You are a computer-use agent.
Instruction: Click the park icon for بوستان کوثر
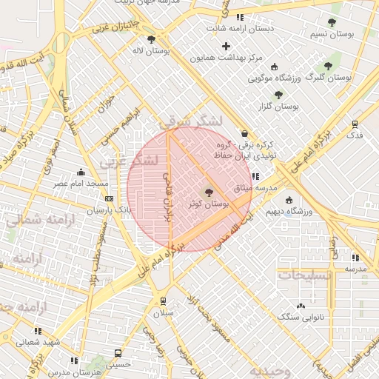point(207,192)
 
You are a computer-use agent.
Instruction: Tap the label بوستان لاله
point(171,51)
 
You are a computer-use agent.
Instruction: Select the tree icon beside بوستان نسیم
point(330,23)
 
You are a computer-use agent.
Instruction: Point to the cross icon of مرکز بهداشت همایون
point(227,47)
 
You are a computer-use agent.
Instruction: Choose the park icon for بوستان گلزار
point(278,95)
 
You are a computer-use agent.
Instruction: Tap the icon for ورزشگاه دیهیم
point(288,200)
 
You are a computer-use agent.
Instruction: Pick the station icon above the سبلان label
point(163,301)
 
